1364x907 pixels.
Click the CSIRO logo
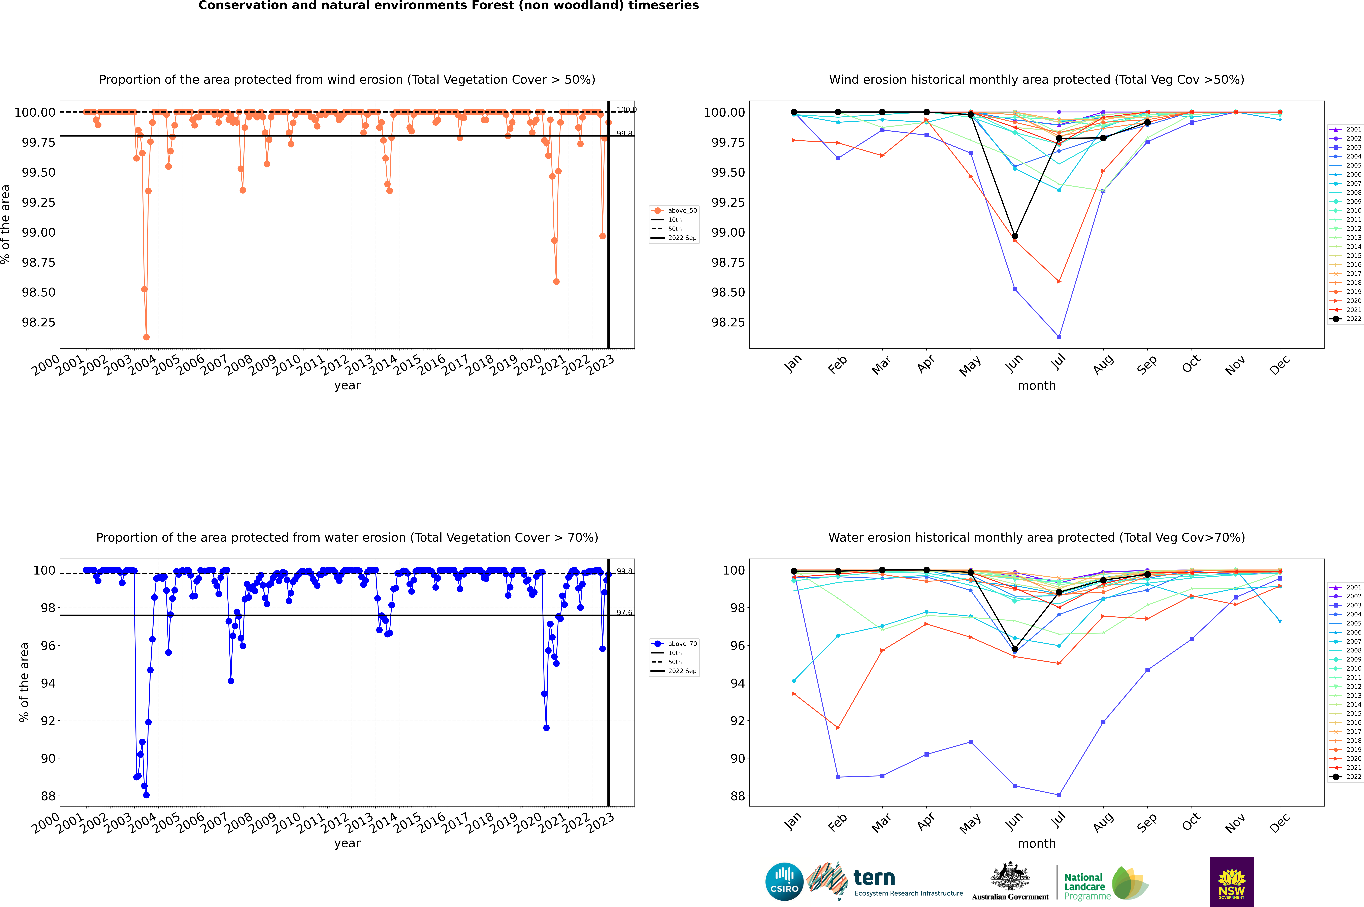(784, 882)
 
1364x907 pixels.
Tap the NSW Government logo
(1232, 882)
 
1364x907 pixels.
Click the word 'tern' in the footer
(874, 878)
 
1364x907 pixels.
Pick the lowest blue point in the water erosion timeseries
(146, 795)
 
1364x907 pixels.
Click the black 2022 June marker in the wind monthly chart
(1015, 236)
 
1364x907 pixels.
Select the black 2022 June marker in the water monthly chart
(1015, 649)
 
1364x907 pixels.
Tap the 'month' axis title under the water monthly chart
(1037, 843)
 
